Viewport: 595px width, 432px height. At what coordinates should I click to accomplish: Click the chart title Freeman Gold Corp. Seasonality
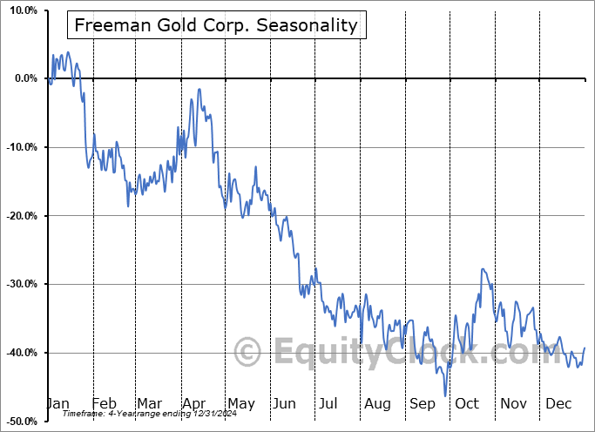tap(216, 25)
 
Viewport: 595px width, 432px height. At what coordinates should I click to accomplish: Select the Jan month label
tap(58, 403)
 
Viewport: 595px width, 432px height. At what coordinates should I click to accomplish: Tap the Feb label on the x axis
tap(104, 403)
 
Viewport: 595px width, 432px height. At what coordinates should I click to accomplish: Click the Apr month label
tap(194, 403)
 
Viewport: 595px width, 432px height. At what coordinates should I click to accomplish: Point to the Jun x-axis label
tap(284, 403)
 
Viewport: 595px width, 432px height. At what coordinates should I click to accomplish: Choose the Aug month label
tap(377, 403)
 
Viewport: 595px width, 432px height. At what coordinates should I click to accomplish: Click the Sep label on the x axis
tap(423, 403)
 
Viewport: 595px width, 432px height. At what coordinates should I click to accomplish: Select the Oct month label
tap(467, 403)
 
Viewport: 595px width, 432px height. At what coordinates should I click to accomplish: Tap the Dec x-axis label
tap(558, 403)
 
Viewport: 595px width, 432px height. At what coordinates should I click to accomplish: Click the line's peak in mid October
tap(482, 269)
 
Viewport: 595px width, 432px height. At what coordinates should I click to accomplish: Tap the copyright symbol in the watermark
tap(248, 353)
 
